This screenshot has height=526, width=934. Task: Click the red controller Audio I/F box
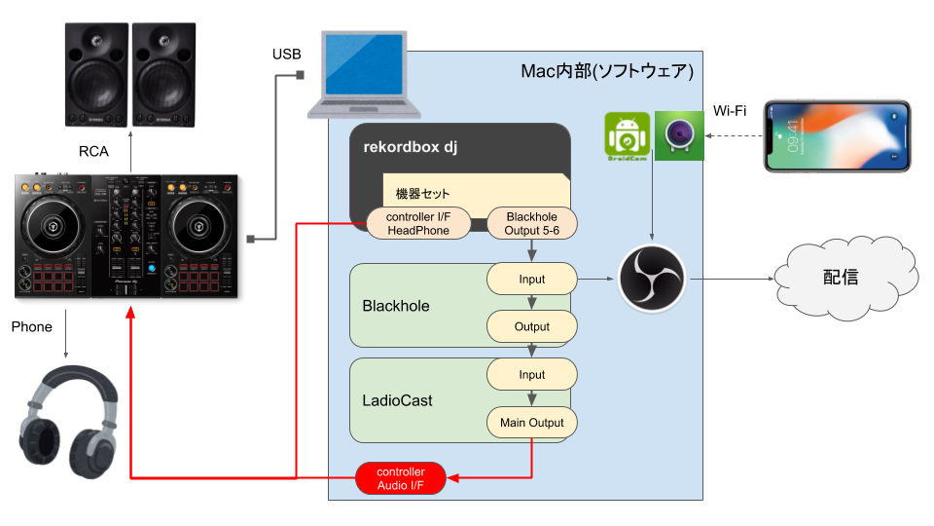point(401,478)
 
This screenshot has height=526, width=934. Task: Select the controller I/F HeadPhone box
point(418,224)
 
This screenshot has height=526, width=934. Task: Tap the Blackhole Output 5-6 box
point(532,224)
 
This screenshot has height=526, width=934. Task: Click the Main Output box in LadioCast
point(532,422)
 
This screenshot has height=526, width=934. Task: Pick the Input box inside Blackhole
point(532,280)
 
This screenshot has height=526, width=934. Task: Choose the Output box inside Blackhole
point(532,327)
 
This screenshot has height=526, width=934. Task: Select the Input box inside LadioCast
point(532,374)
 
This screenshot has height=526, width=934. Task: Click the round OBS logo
point(652,279)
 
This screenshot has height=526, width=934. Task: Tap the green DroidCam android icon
point(628,136)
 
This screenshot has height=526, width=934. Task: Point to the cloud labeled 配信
point(845,278)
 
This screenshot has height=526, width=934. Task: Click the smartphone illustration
point(838,136)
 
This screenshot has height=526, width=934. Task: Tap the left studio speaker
point(96,75)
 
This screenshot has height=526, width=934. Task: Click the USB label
point(286,55)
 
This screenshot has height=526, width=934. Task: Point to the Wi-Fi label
point(730,111)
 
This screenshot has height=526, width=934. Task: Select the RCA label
point(93,152)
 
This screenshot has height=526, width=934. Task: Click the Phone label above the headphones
point(31,327)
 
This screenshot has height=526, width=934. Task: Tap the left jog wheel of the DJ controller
point(53,227)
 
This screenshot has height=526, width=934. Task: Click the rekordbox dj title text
point(411,147)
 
